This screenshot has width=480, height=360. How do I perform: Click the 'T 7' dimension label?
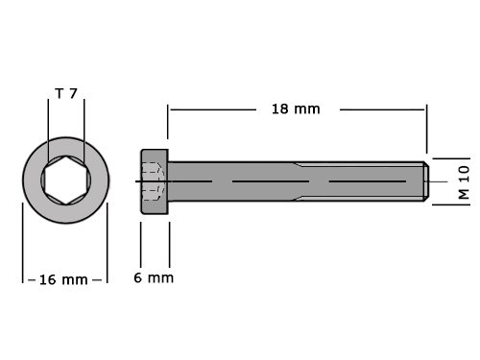click(x=66, y=93)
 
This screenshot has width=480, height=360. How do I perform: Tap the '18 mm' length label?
click(x=296, y=109)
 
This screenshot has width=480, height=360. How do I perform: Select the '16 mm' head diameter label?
click(x=63, y=279)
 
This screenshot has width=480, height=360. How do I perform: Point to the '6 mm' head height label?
click(x=154, y=277)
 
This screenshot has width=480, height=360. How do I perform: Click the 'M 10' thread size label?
click(x=464, y=182)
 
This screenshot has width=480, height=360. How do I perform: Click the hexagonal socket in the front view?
click(x=65, y=180)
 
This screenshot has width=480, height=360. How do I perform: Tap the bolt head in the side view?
click(x=155, y=181)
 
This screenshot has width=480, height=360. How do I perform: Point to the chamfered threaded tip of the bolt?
click(x=426, y=181)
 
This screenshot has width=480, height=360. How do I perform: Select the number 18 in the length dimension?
click(x=280, y=109)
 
